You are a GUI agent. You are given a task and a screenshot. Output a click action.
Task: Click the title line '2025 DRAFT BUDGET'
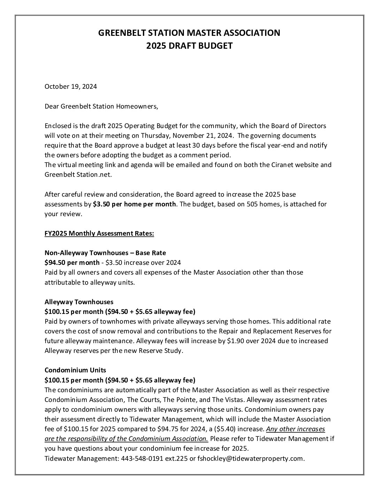tap(189, 46)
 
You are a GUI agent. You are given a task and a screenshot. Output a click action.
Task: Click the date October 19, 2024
tap(71, 87)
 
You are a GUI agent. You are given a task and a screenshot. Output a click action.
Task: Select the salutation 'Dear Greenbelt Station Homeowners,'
tap(101, 106)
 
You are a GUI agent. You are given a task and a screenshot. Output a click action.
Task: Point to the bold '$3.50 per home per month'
tap(134, 204)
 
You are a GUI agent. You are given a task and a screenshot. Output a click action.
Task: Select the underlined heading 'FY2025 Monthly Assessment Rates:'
tap(99, 234)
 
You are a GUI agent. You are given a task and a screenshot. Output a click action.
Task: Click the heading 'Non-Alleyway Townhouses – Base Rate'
tap(105, 253)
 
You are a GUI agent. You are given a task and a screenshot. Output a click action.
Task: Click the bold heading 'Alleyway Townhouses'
tap(79, 301)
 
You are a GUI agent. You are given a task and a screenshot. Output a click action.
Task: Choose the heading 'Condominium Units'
tap(75, 370)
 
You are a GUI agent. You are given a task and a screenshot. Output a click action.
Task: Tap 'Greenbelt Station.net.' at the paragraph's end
tap(78, 174)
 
